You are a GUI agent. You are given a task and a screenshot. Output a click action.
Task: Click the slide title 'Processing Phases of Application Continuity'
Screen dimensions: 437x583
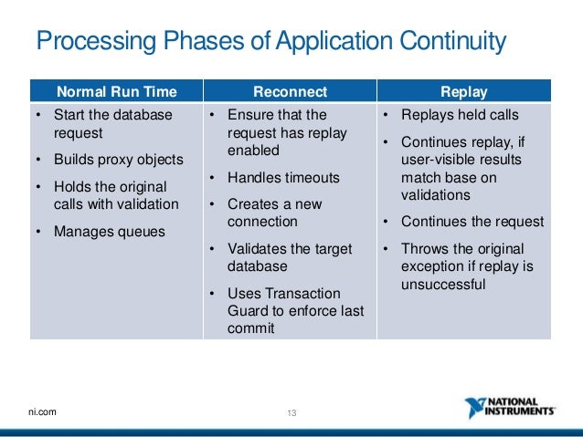click(x=270, y=41)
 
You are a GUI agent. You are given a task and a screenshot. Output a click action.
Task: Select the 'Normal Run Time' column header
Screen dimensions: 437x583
click(x=116, y=91)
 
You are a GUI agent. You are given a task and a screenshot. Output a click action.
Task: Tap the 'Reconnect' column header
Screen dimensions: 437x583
click(x=289, y=91)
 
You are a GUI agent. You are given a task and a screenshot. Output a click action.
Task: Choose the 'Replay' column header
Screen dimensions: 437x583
click(x=464, y=91)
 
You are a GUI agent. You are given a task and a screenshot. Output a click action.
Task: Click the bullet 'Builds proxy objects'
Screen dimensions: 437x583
click(x=119, y=159)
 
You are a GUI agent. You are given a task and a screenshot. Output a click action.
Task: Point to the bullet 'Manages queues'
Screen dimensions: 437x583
click(x=110, y=231)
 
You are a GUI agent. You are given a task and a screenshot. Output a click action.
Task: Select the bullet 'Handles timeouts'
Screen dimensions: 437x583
click(x=283, y=177)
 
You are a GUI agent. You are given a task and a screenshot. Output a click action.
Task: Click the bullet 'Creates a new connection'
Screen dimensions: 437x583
click(x=275, y=213)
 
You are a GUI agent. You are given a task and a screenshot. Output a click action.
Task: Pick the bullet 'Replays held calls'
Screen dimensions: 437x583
click(x=460, y=115)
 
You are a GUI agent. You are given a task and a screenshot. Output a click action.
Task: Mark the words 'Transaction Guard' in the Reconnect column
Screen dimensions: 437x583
click(x=283, y=302)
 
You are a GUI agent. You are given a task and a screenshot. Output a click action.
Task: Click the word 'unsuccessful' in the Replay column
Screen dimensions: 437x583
click(x=441, y=285)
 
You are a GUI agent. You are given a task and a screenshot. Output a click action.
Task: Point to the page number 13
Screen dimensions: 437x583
click(x=292, y=413)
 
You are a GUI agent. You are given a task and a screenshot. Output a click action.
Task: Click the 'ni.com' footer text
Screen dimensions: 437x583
click(x=42, y=412)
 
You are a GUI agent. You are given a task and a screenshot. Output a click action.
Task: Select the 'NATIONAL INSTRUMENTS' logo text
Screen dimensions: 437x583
click(x=524, y=407)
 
